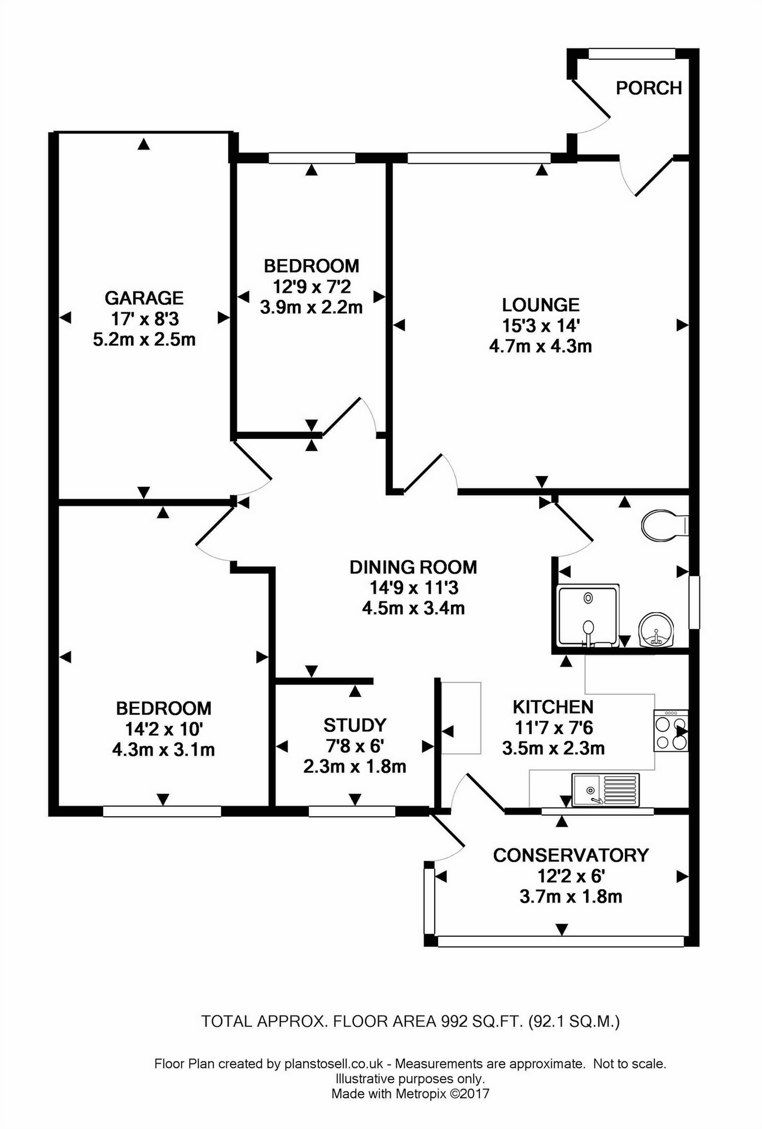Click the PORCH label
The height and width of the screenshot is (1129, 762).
(649, 88)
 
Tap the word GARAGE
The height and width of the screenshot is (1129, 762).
(144, 298)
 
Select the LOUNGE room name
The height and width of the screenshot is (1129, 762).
(541, 305)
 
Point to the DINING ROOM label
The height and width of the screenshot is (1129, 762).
(413, 567)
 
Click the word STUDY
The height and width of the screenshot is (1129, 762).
(354, 725)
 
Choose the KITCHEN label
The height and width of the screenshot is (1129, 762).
(553, 707)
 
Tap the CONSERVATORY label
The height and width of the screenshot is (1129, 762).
(571, 855)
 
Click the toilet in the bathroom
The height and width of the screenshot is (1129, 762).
(663, 525)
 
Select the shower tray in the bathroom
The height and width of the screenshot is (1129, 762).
(588, 615)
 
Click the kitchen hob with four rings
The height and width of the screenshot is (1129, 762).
(671, 731)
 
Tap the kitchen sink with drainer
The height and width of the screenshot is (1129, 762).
(605, 790)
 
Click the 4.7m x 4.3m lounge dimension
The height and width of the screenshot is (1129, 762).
(540, 346)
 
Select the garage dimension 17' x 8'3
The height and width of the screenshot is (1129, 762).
(144, 319)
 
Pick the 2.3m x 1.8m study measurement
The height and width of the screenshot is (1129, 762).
(354, 766)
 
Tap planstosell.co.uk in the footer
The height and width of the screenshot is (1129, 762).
(334, 1064)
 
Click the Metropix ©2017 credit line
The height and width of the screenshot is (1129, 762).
(410, 1093)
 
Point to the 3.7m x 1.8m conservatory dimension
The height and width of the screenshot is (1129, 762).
(571, 896)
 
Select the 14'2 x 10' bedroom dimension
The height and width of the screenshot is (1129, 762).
(163, 729)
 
